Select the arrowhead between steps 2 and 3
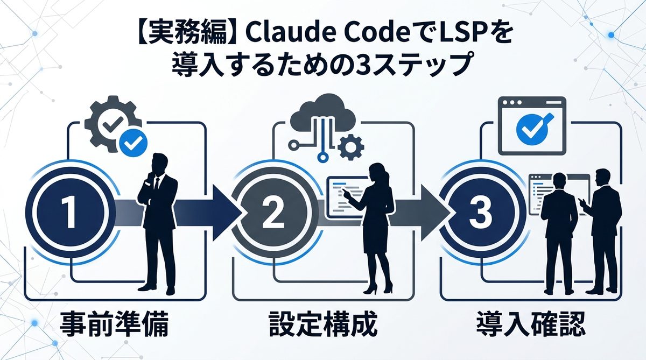(432, 214)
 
